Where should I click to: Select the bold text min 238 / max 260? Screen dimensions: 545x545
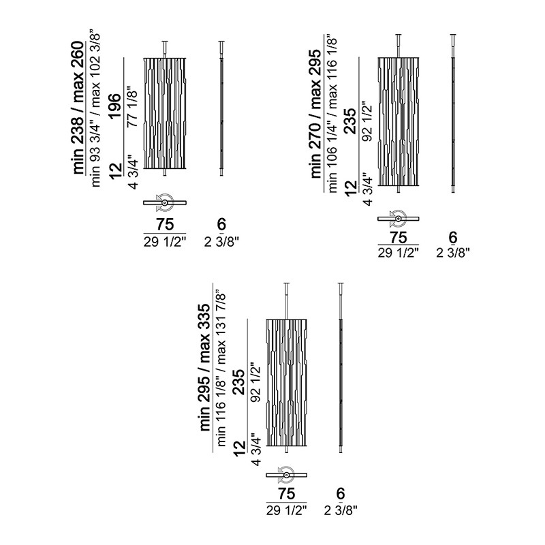pos(78,108)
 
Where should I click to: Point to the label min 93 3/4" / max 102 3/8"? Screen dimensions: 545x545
pos(95,110)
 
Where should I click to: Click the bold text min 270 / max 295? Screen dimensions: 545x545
pos(315,114)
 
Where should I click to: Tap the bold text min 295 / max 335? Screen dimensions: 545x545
pos(206,367)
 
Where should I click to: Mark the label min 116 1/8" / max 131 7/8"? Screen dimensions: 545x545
pos(221,369)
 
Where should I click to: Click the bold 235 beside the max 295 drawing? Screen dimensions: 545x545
pos(351,121)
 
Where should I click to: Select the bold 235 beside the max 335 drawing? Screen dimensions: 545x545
pos(240,382)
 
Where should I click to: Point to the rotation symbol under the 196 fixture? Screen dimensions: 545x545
pos(163,202)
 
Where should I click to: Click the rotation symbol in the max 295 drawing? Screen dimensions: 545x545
pos(398,218)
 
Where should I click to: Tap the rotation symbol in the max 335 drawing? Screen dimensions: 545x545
pos(285,474)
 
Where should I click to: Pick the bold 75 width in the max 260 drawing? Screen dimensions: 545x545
pos(165,224)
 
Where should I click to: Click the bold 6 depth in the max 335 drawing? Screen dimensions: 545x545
pos(340,493)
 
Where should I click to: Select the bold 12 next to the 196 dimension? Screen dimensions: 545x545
pos(116,170)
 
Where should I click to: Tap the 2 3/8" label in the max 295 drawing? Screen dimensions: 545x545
pos(453,253)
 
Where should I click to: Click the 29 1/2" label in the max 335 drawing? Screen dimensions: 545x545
pos(287,510)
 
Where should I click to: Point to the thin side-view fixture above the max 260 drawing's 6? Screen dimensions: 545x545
pos(221,108)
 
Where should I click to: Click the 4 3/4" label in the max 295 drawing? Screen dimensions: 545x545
pos(367,189)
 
